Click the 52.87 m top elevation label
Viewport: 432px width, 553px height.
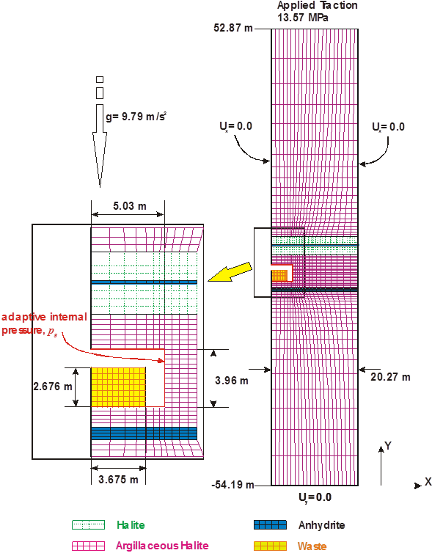233,28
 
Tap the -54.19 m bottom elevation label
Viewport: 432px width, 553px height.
233,485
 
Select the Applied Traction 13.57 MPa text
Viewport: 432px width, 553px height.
318,11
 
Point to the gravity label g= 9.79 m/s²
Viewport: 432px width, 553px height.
136,117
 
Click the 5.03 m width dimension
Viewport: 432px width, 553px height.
129,206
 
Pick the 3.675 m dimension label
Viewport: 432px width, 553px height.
118,480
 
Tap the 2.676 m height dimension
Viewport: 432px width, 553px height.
53,387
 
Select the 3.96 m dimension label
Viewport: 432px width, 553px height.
232,381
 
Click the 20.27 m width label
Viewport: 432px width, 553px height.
390,377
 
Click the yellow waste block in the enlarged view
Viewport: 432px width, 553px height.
119,387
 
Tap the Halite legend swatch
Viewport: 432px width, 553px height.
89,525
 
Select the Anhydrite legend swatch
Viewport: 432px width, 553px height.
270,525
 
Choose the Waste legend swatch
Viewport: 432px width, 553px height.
270,546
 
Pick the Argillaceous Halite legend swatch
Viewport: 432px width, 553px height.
89,546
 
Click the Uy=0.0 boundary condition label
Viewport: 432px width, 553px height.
315,498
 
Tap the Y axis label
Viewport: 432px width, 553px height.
388,446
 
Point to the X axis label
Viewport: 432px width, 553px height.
428,482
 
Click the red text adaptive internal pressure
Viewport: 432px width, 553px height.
44,323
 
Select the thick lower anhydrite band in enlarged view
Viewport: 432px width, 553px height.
144,433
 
